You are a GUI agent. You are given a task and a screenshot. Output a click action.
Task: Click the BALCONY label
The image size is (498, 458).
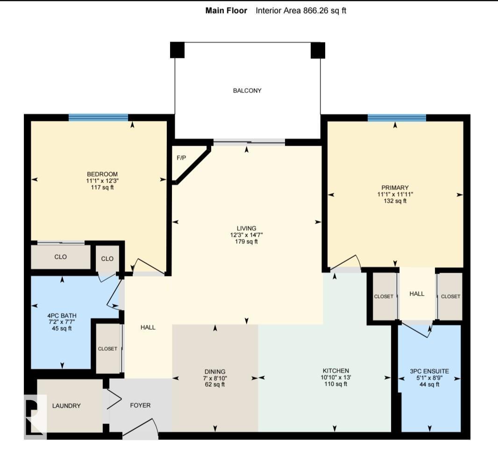click(x=247, y=91)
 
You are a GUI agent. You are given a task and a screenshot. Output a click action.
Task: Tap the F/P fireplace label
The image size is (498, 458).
click(x=181, y=158)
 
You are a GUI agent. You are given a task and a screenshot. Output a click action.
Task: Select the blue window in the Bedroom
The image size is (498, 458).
click(x=98, y=118)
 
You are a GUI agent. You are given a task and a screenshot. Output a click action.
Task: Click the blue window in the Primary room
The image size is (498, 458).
click(x=397, y=118)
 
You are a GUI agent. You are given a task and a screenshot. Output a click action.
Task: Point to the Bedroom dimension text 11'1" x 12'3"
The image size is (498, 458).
click(x=99, y=181)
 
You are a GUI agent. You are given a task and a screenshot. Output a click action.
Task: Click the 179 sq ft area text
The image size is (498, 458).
click(x=247, y=242)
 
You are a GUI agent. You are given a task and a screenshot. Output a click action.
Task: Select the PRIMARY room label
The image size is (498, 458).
click(x=396, y=188)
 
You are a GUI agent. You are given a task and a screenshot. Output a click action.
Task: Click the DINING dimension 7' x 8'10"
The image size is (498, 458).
click(x=215, y=378)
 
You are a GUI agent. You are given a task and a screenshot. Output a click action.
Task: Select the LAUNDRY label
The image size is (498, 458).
click(x=66, y=406)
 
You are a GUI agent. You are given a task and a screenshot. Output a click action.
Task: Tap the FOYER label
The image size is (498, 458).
click(x=141, y=405)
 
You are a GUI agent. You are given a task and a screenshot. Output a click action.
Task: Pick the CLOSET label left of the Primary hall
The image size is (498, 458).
click(x=384, y=296)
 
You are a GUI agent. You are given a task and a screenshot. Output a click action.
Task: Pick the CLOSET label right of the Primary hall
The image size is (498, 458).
click(x=450, y=296)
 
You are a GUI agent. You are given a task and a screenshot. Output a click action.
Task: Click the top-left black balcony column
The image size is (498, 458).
click(x=177, y=50)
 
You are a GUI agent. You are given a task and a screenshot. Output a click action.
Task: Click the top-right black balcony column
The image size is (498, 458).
click(x=318, y=50)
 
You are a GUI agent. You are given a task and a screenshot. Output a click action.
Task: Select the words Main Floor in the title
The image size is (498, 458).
click(x=226, y=10)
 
